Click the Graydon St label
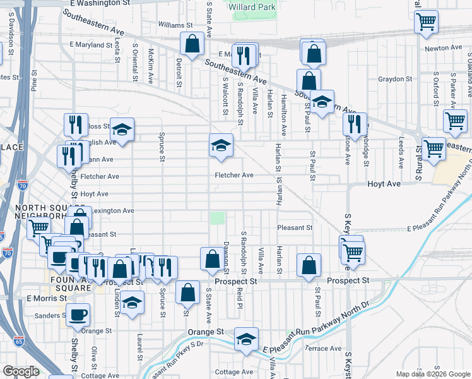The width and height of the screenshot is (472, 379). tap(394, 80)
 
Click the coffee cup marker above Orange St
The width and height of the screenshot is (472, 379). tap(78, 314)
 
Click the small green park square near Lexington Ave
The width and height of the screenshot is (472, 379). tap(217, 218)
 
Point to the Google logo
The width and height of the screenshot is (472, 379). tap(21, 371)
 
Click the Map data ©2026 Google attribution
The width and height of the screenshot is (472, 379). tap(432, 374)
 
